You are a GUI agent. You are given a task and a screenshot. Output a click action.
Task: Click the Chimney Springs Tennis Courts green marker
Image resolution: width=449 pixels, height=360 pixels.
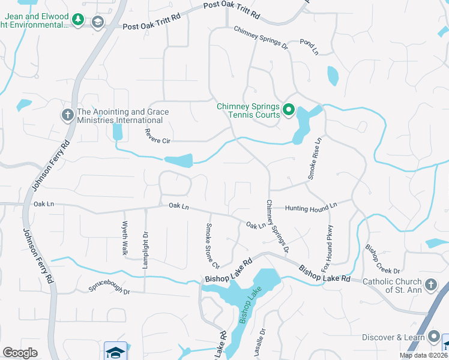click(x=288, y=109)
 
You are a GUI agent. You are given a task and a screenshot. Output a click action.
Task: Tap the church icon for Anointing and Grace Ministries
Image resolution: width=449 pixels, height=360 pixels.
click(x=68, y=114)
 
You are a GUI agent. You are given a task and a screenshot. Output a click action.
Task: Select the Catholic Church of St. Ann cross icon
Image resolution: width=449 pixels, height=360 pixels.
click(x=430, y=284)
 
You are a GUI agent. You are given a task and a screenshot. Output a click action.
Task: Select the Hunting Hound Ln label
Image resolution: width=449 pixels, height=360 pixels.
click(x=311, y=208)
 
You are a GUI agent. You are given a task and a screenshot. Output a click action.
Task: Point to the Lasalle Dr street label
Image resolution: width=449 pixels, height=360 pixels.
click(x=259, y=343)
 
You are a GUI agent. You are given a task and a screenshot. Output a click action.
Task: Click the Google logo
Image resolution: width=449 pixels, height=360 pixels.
click(x=20, y=353)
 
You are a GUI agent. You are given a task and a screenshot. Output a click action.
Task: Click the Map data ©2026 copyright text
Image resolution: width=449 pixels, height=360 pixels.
click(x=423, y=355)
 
